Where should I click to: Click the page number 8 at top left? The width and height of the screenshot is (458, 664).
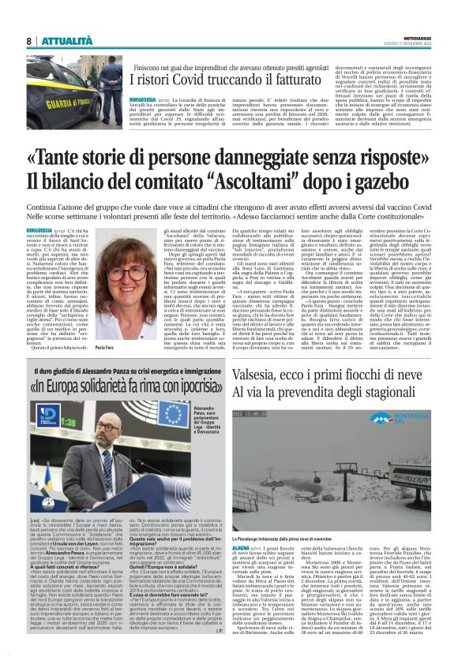click(x=28, y=41)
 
